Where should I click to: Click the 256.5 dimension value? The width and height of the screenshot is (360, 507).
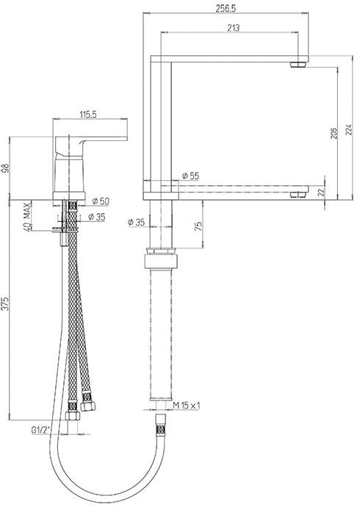(x=226, y=9)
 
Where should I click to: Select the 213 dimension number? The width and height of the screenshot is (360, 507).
(x=234, y=28)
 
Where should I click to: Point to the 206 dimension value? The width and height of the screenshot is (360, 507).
(x=334, y=133)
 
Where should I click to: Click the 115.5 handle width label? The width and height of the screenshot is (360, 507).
(x=87, y=115)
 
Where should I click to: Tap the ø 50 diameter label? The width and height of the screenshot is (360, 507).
(x=101, y=201)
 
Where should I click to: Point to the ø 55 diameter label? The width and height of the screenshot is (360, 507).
(x=190, y=176)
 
